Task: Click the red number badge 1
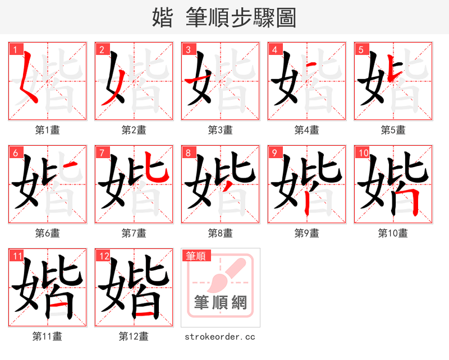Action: pyautogui.click(x=14, y=49)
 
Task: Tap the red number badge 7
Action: pyautogui.click(x=100, y=153)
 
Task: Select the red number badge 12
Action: pyautogui.click(x=102, y=256)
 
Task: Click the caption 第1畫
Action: pyautogui.click(x=47, y=130)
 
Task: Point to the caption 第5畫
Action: pyautogui.click(x=393, y=130)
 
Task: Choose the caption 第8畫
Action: pyautogui.click(x=220, y=233)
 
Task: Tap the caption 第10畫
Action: pyautogui.click(x=393, y=233)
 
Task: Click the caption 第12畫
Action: pyautogui.click(x=134, y=336)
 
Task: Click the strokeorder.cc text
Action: pyautogui.click(x=220, y=336)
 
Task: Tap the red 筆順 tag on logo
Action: pyautogui.click(x=196, y=256)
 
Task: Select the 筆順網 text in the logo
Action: pyautogui.click(x=220, y=303)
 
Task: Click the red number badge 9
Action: pyautogui.click(x=273, y=153)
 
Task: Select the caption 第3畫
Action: pyautogui.click(x=220, y=130)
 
